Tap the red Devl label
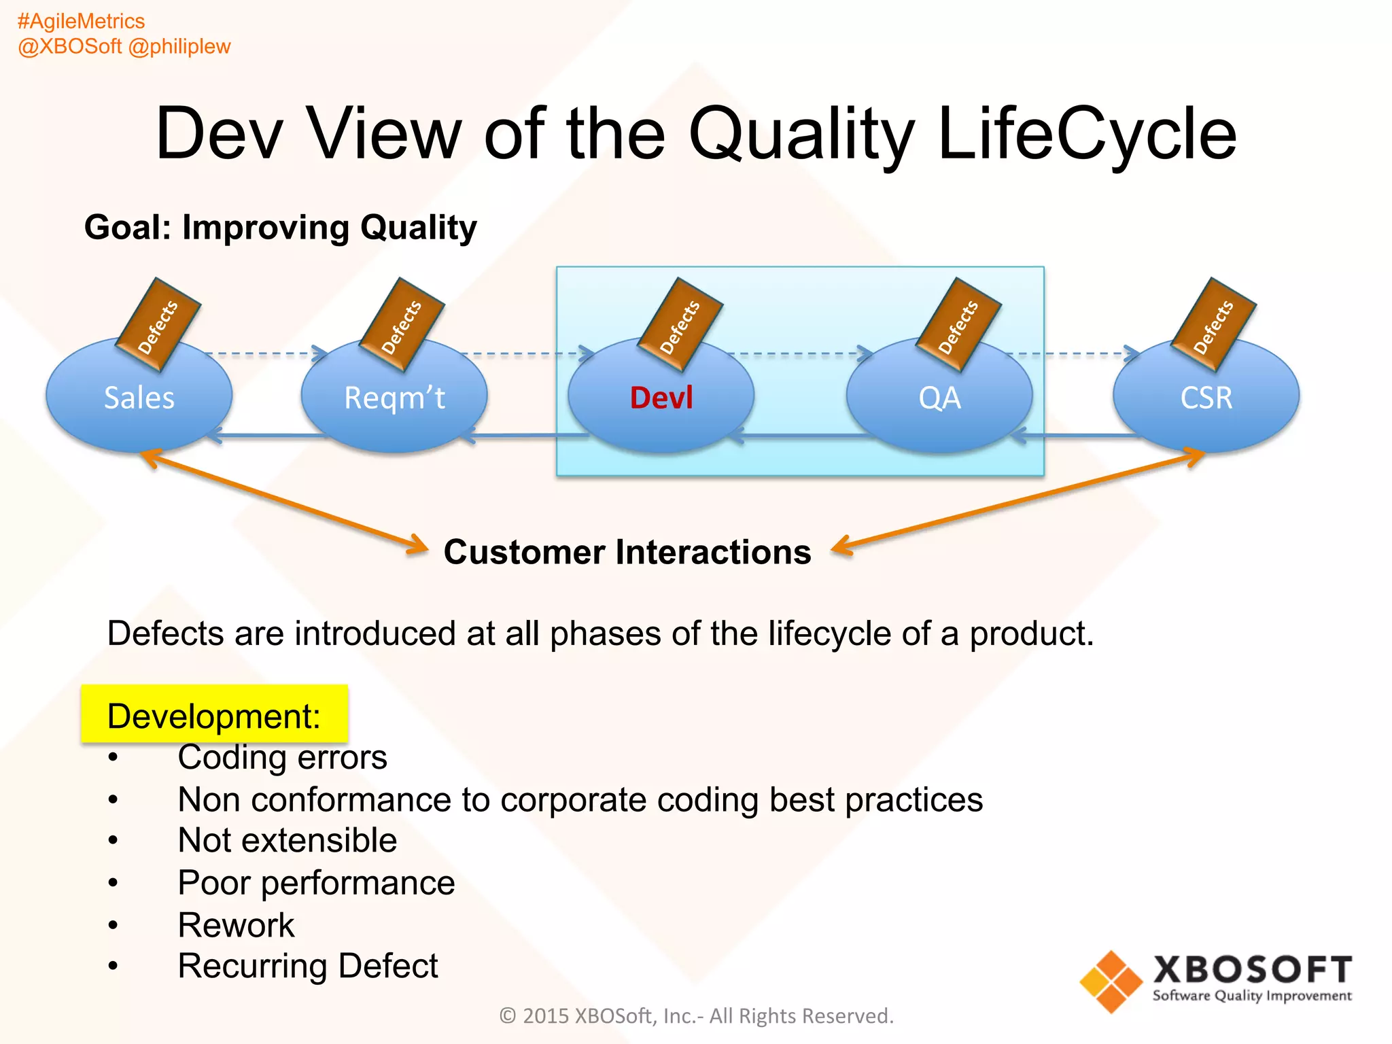[x=661, y=398]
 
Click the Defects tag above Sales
[x=158, y=326]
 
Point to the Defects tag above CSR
[x=1213, y=326]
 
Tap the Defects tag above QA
[x=958, y=326]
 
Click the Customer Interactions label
[x=627, y=552]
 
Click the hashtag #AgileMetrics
[x=81, y=21]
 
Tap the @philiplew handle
[x=179, y=46]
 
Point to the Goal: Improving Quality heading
[x=280, y=227]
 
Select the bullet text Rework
[x=236, y=925]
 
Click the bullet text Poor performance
[x=316, y=883]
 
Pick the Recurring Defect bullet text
[x=307, y=966]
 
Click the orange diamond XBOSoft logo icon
[x=1111, y=981]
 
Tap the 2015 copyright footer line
[x=696, y=1015]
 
